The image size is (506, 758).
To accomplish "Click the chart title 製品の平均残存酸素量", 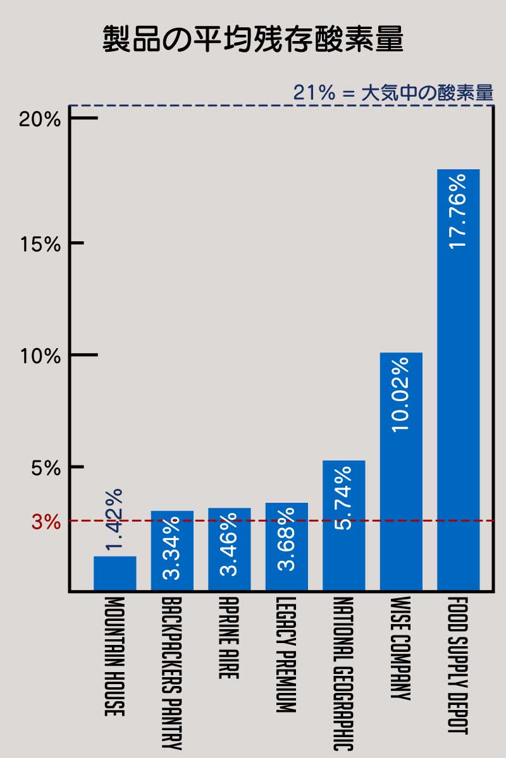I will tap(253, 40).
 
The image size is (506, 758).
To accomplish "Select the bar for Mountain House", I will tap(114, 574).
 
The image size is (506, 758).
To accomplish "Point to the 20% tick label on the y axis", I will tap(40, 119).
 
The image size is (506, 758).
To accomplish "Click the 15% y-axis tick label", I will tap(40, 244).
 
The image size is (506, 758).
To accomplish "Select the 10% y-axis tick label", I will tap(40, 356).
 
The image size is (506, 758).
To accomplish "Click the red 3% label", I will tap(46, 522).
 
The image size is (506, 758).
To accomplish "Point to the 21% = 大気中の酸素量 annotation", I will tap(393, 93).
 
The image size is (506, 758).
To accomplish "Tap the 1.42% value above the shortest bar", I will tap(114, 519).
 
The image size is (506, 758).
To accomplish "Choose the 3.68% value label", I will tap(287, 538).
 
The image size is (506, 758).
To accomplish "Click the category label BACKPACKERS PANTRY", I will tap(171, 672).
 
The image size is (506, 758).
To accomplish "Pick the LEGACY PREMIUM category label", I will tap(287, 654).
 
